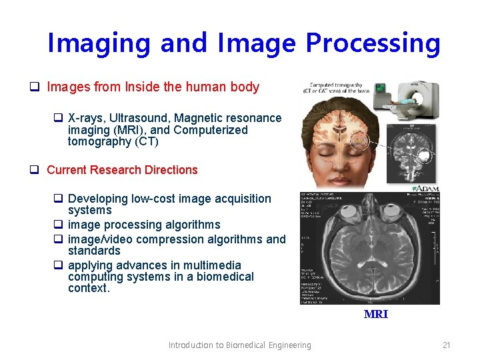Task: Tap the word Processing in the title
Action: [373, 43]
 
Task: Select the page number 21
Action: [446, 345]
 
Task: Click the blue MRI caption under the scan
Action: [375, 314]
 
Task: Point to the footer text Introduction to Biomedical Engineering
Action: [239, 345]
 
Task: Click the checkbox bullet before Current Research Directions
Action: [33, 170]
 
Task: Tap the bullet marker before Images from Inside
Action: [33, 87]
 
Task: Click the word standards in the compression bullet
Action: [94, 251]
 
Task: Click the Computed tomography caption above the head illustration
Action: [335, 88]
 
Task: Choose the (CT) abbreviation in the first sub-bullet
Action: [146, 141]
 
